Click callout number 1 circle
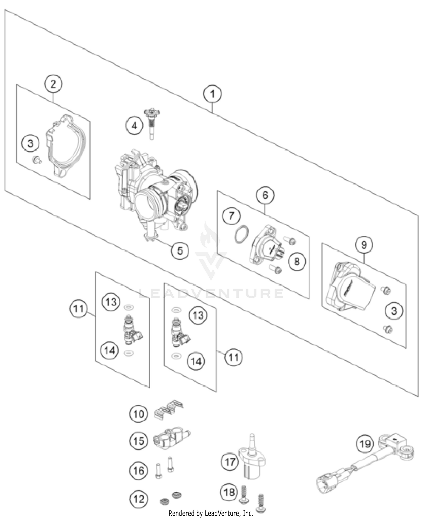[212, 94]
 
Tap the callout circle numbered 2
[53, 84]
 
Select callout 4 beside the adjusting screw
[134, 125]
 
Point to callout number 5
[180, 250]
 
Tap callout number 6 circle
[265, 195]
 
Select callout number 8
[297, 262]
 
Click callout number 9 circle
[364, 244]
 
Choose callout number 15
[138, 441]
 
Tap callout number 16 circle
[138, 470]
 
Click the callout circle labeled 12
[138, 499]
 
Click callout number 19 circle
[365, 444]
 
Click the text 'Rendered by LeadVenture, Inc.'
[211, 513]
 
